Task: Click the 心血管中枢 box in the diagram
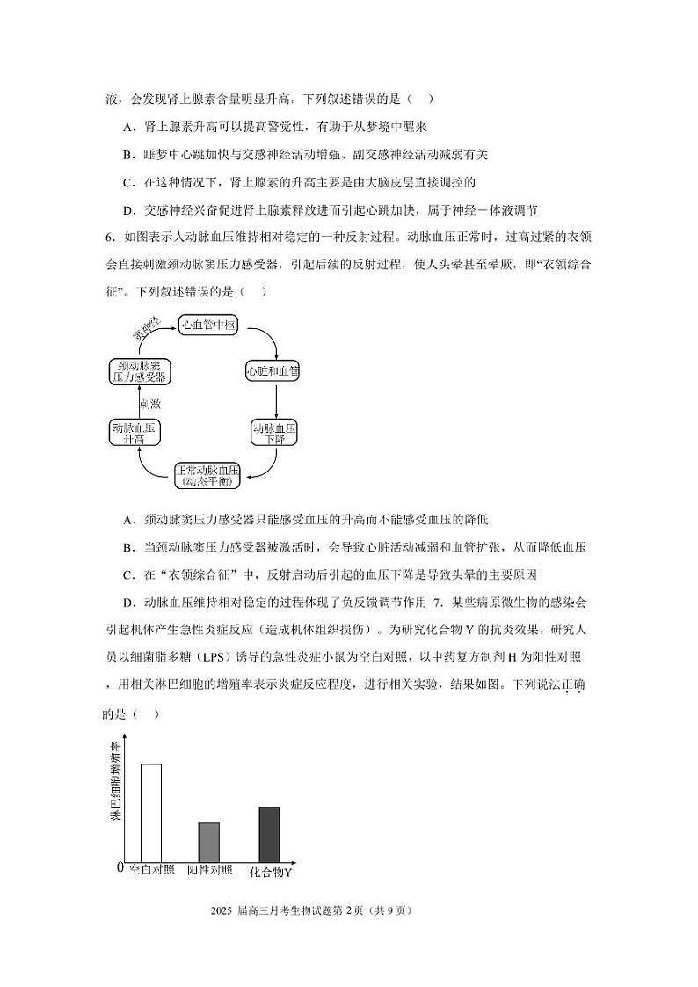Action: [208, 325]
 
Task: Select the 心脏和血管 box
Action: [273, 371]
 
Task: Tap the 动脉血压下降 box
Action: [275, 432]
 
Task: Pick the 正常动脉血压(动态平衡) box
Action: [207, 475]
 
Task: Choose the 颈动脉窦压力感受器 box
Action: [139, 371]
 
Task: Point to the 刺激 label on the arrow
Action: [149, 404]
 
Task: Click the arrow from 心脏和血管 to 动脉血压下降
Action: [276, 401]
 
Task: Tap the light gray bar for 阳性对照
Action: [208, 842]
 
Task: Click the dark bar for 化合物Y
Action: [269, 834]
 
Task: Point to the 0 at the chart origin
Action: [120, 868]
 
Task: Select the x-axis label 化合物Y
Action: [271, 873]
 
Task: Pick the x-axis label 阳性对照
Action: [210, 871]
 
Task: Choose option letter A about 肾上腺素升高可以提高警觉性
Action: [129, 127]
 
